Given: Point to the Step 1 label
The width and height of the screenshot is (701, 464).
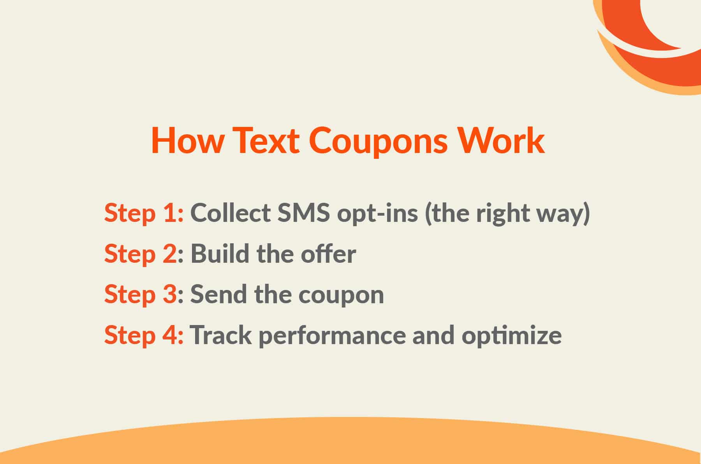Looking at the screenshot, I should click(x=143, y=213).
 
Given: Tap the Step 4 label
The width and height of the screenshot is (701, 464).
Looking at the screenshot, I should click(x=143, y=335).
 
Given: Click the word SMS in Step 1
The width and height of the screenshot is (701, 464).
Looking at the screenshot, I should click(x=304, y=213).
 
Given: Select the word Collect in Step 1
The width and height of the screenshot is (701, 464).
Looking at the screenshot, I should click(x=231, y=213).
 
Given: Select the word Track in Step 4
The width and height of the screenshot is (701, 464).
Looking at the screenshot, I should click(x=220, y=334).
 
